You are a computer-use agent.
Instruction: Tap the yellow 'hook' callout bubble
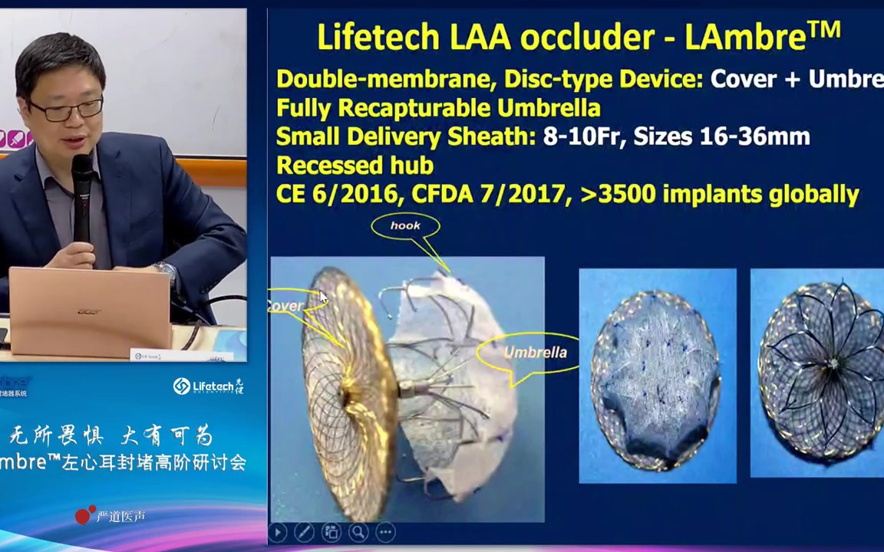pyautogui.click(x=405, y=225)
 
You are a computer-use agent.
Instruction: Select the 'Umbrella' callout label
pyautogui.click(x=535, y=353)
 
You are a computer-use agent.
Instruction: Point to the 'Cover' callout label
pyautogui.click(x=285, y=306)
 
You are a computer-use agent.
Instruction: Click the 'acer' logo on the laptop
pyautogui.click(x=88, y=311)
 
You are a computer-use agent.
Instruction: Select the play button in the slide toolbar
pyautogui.click(x=278, y=531)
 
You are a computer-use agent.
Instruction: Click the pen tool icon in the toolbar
pyautogui.click(x=304, y=531)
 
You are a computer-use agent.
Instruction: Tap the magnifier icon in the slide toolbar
pyautogui.click(x=358, y=531)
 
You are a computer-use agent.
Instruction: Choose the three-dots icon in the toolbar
pyautogui.click(x=385, y=531)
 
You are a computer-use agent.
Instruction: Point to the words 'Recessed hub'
pyautogui.click(x=355, y=166)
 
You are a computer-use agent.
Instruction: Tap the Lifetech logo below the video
pyautogui.click(x=208, y=386)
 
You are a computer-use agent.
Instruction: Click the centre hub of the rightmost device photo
pyautogui.click(x=834, y=363)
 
